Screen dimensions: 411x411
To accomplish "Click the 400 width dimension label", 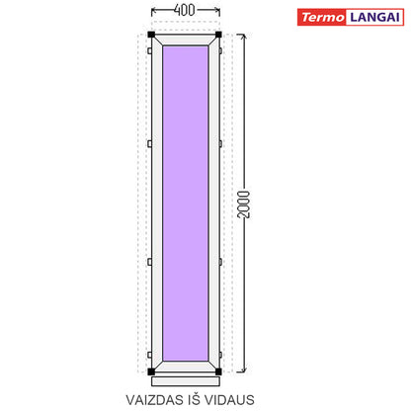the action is pos(185,10).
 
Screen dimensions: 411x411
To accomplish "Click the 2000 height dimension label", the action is pos(244,205).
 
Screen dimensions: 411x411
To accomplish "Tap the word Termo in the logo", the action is pos(323,17).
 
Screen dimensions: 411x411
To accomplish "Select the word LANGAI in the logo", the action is pos(374,17).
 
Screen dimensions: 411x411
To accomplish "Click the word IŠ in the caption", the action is pos(194,399).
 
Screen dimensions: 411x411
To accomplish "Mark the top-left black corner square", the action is pos(151,35).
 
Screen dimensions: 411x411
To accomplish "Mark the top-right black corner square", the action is pos(218,35).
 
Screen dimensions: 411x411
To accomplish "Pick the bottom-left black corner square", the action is pos(151,371).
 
